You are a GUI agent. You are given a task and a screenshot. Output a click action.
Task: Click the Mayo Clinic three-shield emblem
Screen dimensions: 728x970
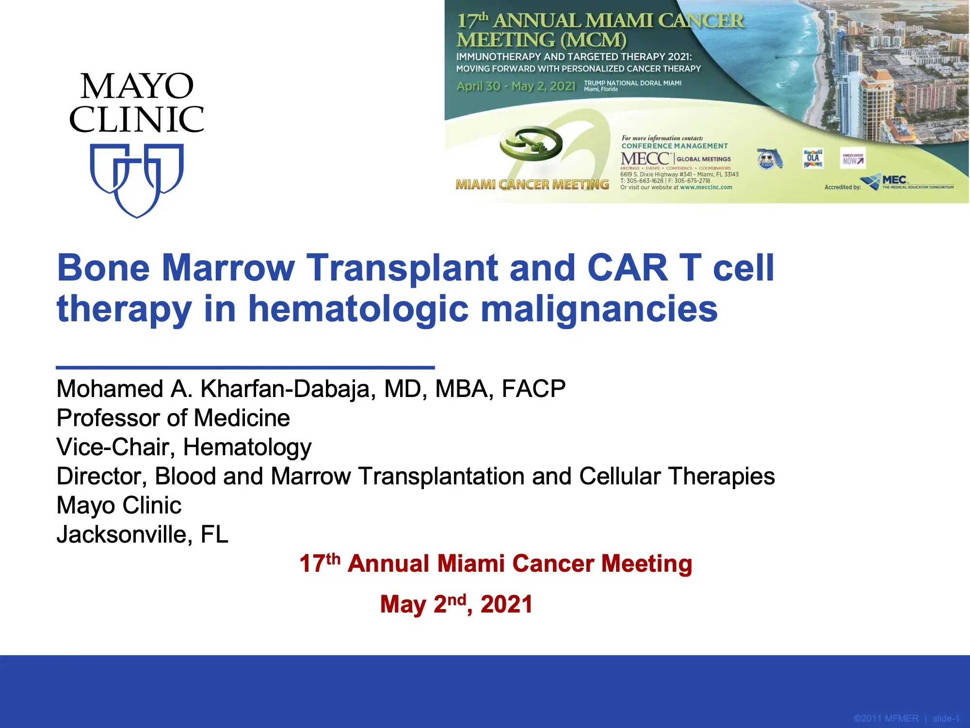point(137,180)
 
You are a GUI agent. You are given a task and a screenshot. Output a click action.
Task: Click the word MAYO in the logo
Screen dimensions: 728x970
point(137,86)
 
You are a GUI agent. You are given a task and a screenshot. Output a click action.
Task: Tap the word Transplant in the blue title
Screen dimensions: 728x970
point(403,268)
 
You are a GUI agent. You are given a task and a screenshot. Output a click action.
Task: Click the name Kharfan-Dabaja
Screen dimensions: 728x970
point(286,389)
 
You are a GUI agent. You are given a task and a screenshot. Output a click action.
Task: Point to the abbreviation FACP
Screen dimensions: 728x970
point(533,389)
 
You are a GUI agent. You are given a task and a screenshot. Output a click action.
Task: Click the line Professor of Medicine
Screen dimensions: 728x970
point(173,418)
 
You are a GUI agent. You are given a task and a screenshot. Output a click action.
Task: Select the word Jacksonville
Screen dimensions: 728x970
point(122,535)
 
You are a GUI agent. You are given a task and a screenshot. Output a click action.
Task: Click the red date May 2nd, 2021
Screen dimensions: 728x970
point(456,604)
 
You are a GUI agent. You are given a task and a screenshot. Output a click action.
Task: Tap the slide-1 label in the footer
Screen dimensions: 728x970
point(946,719)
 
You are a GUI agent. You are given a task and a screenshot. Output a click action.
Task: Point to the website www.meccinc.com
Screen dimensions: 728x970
point(706,187)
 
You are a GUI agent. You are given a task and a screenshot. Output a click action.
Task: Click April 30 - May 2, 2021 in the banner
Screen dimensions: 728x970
point(516,86)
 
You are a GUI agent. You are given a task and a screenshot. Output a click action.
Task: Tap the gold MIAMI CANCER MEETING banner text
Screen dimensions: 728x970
point(532,185)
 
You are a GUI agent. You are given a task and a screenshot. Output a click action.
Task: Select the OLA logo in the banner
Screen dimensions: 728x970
point(813,158)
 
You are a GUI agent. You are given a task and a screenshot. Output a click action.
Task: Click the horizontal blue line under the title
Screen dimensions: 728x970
point(245,367)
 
